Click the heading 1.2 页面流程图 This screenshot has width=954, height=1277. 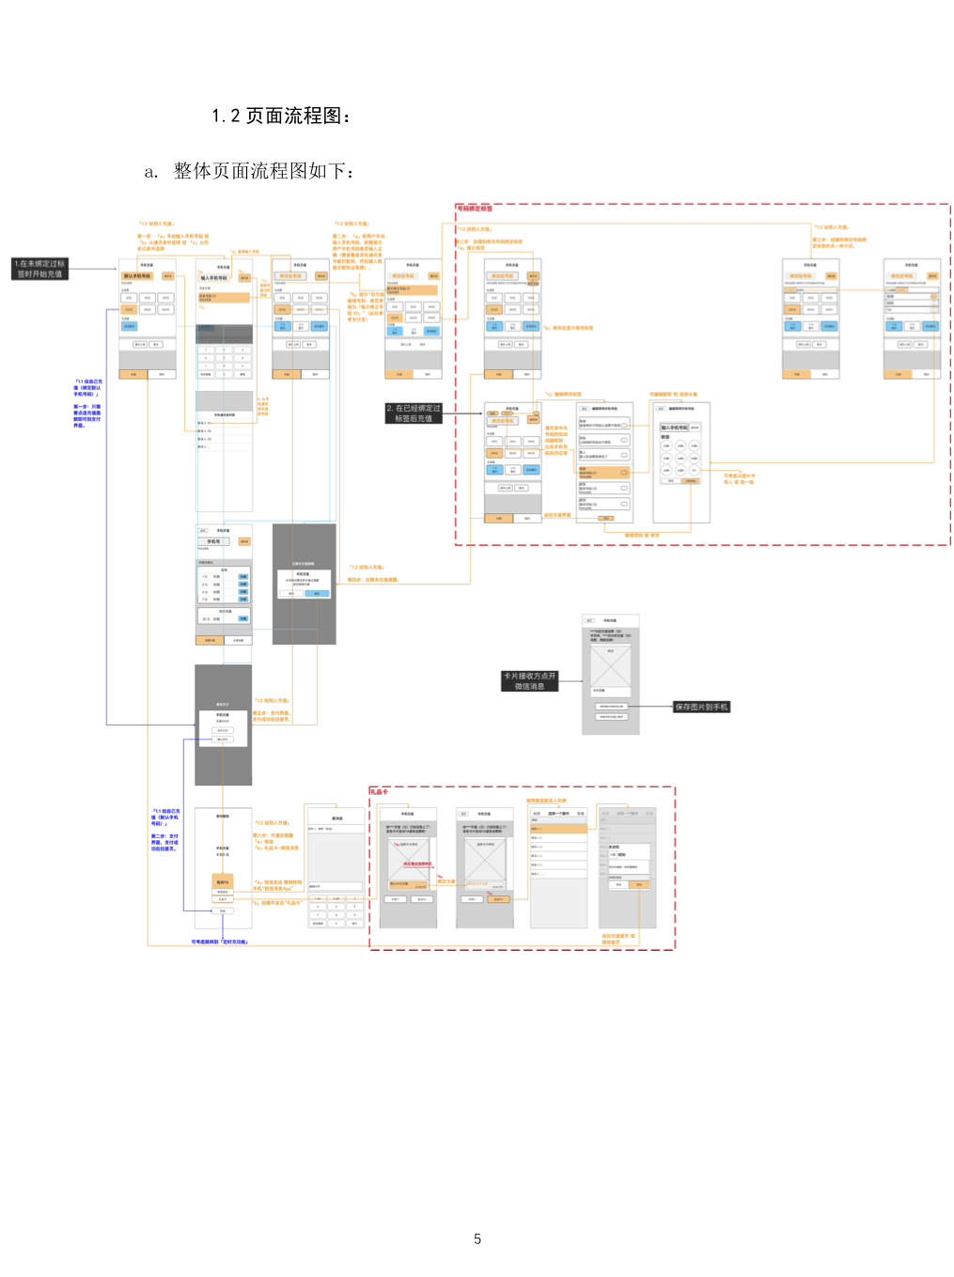(x=281, y=116)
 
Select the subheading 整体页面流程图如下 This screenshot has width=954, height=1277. (x=262, y=171)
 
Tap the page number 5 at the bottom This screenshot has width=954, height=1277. (x=477, y=1239)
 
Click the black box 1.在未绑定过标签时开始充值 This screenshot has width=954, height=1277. (x=39, y=269)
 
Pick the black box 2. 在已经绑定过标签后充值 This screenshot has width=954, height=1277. (x=413, y=413)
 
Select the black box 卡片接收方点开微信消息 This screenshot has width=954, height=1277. (x=529, y=681)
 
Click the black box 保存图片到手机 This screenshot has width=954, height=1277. (x=701, y=707)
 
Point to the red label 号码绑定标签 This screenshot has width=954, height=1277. (x=475, y=209)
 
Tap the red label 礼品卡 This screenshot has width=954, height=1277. (x=379, y=792)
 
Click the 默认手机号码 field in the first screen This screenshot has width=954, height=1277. (x=137, y=276)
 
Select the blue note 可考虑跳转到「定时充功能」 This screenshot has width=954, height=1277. (x=220, y=942)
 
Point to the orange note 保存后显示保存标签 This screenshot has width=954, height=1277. (x=572, y=328)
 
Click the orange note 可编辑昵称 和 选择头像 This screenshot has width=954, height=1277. (x=673, y=395)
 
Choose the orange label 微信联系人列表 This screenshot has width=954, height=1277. (x=546, y=801)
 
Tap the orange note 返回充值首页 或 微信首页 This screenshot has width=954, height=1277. (x=618, y=939)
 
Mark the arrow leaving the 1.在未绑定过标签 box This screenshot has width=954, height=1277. (x=94, y=269)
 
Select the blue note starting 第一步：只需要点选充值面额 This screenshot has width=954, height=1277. (x=87, y=416)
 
